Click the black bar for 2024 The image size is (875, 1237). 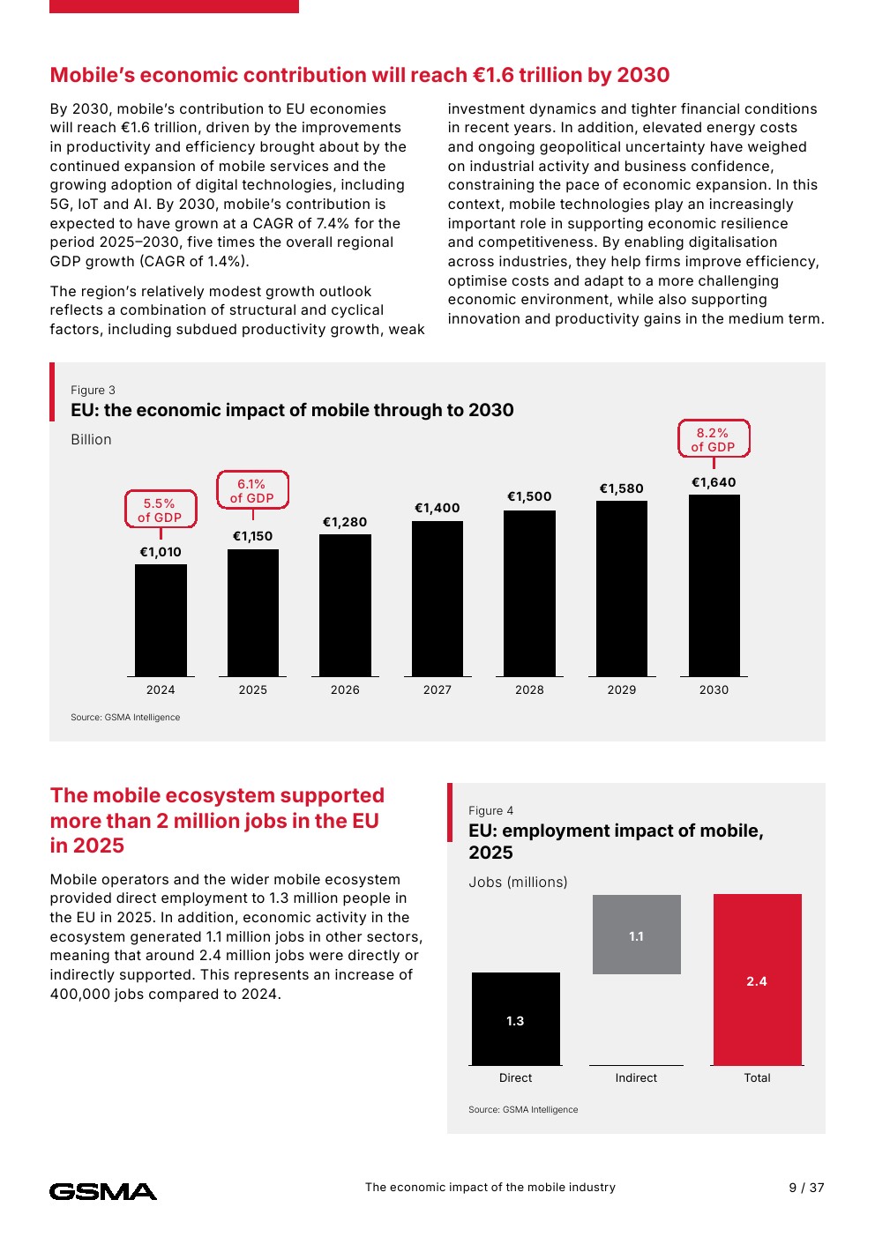click(161, 620)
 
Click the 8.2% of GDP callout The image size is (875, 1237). click(714, 438)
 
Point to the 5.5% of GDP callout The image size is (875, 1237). click(161, 509)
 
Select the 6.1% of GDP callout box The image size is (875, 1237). click(252, 490)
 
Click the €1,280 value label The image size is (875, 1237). click(345, 522)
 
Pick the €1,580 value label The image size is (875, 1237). click(622, 488)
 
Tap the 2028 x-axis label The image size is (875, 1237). click(529, 689)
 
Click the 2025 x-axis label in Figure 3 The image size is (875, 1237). click(252, 689)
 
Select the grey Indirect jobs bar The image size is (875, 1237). click(636, 935)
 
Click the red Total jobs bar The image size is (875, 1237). click(758, 980)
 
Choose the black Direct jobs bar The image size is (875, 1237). click(515, 1019)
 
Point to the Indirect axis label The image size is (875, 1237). click(636, 1077)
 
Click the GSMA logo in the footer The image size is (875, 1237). click(103, 1191)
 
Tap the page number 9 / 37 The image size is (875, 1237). click(806, 1188)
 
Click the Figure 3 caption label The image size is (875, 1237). click(93, 390)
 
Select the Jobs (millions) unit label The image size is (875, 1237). click(518, 882)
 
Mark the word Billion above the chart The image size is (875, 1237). click(91, 440)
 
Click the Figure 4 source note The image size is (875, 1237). click(523, 1109)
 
